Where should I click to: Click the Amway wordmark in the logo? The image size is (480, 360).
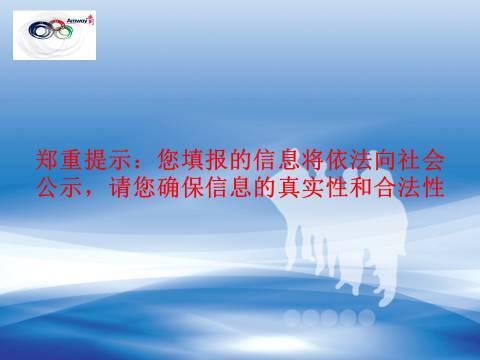(x=77, y=20)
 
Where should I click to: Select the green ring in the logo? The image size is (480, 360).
(x=65, y=30)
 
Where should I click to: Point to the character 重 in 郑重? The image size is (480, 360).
(x=69, y=160)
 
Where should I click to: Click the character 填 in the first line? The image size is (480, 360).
(x=191, y=160)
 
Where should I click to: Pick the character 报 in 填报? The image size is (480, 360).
(x=215, y=160)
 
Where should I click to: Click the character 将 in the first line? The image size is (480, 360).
(x=312, y=160)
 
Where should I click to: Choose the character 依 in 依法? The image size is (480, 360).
(x=337, y=160)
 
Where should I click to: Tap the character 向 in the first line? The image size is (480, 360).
(x=385, y=160)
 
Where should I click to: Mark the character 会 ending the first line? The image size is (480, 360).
(x=434, y=160)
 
